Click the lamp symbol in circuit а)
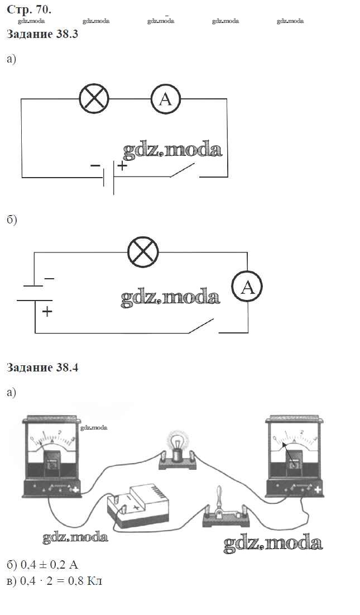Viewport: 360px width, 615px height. tap(94, 99)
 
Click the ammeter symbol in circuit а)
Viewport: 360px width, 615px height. tap(166, 99)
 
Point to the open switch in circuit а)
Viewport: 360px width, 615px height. tap(183, 171)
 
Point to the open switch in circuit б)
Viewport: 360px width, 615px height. tap(202, 326)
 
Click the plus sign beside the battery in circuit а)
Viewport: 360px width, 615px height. tap(122, 165)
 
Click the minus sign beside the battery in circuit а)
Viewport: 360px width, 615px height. tap(95, 165)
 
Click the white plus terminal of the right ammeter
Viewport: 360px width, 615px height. tap(318, 490)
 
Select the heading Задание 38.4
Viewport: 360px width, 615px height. tap(42, 368)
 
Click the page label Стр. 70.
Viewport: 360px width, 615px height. tap(28, 9)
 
